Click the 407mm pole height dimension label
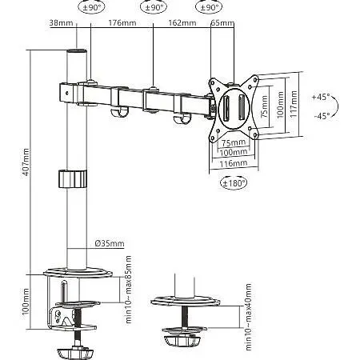coord(26,162)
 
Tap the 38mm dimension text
coord(61,22)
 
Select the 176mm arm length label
coord(122,22)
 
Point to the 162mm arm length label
coord(182,22)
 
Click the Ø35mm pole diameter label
coord(110,243)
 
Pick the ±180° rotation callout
coord(234,183)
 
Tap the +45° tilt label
coord(321,97)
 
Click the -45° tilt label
coord(322,116)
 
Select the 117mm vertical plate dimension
coord(294,104)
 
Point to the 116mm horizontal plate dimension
coord(234,163)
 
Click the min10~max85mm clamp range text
coord(129,290)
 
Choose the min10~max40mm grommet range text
coord(248,317)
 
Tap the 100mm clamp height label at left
coord(26,302)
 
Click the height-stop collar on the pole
coord(73,178)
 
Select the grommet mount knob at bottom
coord(182,341)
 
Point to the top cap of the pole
coord(77,51)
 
